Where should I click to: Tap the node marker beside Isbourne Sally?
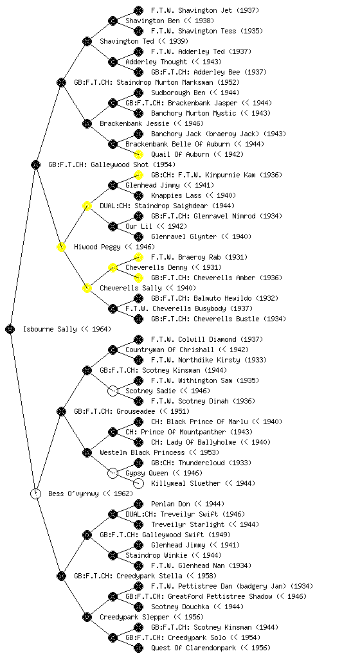10,329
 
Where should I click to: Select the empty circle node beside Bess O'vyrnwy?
35,493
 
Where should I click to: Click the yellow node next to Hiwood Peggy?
61,247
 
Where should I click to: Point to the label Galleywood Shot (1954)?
112,164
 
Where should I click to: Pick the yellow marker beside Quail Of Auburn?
138,154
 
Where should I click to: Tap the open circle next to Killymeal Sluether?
138,483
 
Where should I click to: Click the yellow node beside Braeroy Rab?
138,257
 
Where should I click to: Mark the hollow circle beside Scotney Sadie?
113,391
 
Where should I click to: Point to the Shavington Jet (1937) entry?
205,10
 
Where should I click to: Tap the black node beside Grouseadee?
61,411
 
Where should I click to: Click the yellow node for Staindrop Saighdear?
87,206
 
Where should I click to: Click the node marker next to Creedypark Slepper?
87,617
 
